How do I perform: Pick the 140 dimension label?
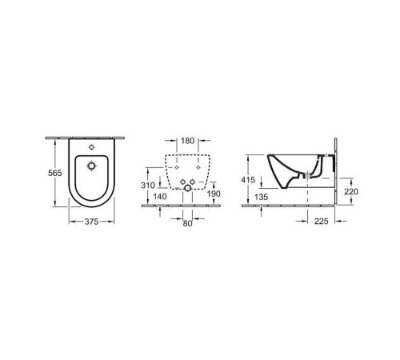(159, 195)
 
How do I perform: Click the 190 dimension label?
(213, 194)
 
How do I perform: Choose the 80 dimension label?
(186, 225)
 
